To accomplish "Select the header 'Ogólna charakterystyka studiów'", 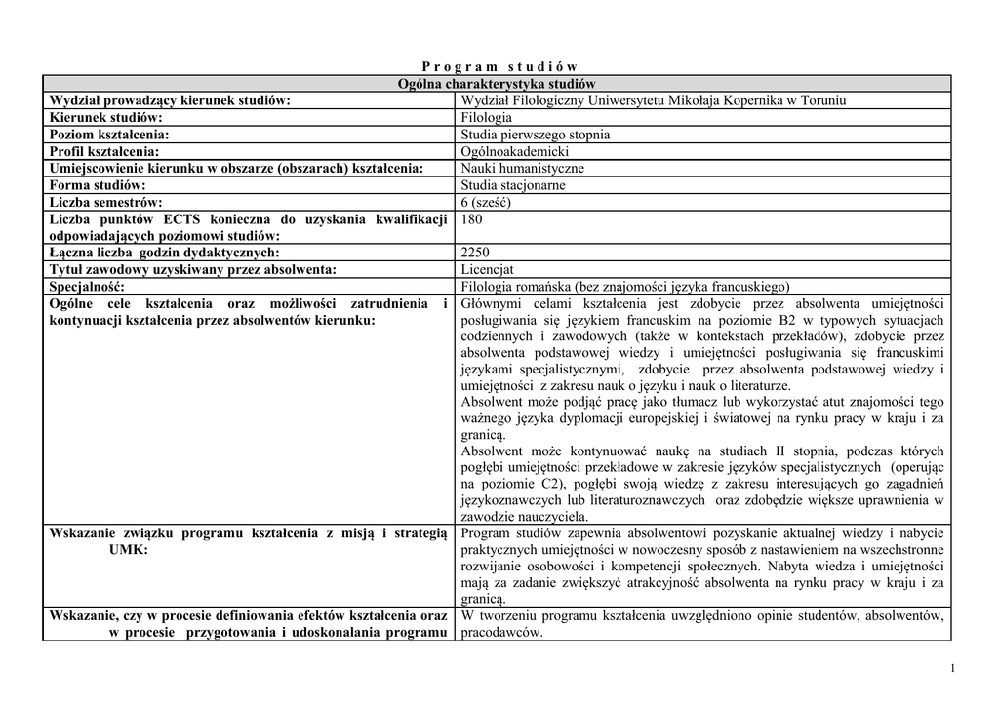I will click(497, 84).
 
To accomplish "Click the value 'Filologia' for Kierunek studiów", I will click(486, 118).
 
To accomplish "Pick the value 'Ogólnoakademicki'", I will click(515, 151).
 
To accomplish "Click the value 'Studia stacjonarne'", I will click(513, 185).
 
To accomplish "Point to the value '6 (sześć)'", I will click(486, 202).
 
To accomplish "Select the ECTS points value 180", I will click(472, 219).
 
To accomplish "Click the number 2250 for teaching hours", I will click(475, 253).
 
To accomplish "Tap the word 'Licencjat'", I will click(488, 270).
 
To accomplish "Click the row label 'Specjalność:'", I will click(88, 287).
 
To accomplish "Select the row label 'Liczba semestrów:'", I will click(105, 202).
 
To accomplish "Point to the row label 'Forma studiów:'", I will click(98, 185).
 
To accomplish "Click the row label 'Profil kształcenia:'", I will click(104, 151).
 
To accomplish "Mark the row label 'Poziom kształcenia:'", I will click(108, 135).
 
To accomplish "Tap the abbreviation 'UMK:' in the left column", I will click(129, 550).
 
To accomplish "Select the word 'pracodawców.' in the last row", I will click(501, 632).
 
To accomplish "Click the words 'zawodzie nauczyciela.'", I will click(524, 517).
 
